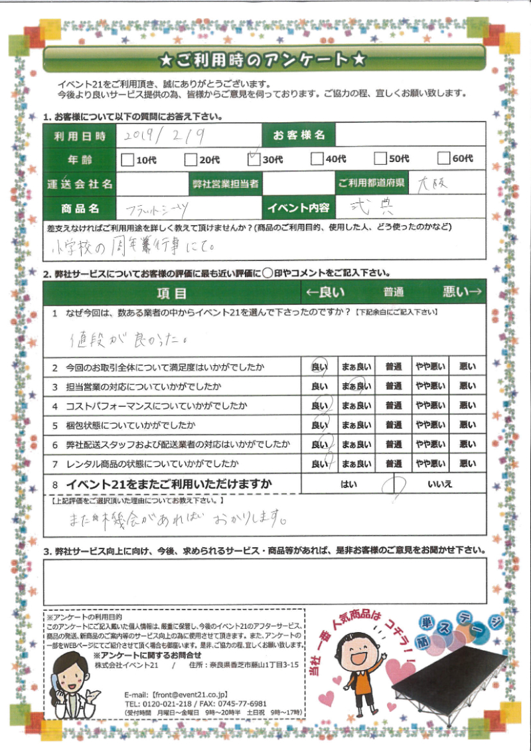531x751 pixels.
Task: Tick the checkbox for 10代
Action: (127, 159)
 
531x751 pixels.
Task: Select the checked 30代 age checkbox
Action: (253, 159)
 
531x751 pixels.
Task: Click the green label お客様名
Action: (299, 135)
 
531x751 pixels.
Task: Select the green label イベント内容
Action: (299, 208)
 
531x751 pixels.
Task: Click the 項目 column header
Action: (172, 292)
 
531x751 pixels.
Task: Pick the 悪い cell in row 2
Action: (467, 366)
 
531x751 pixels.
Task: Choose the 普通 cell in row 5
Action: (394, 425)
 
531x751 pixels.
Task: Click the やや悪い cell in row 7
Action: (430, 463)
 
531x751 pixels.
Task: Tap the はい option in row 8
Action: (348, 485)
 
